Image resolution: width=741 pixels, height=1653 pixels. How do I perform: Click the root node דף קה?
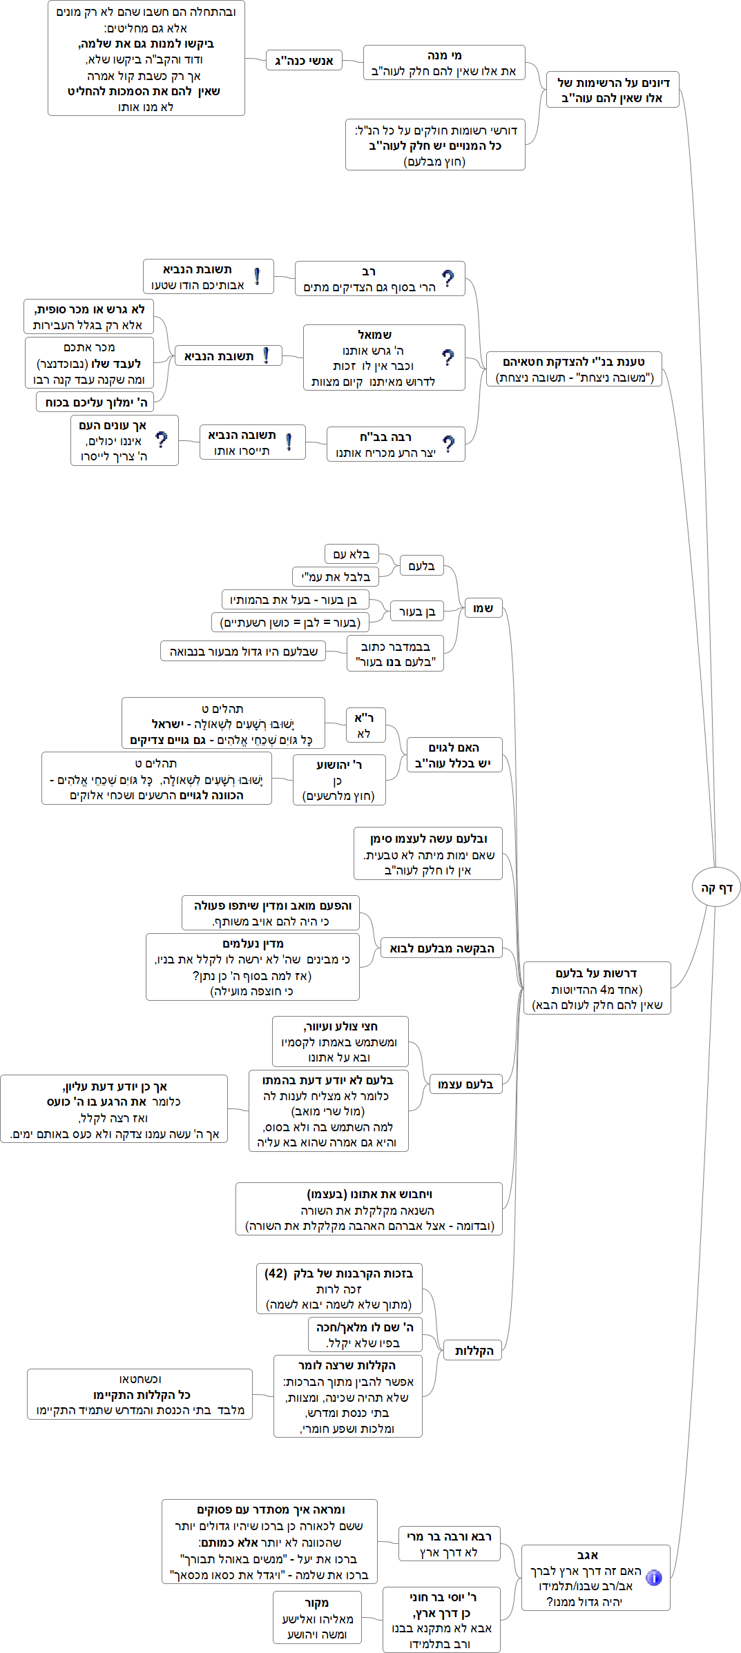[716, 888]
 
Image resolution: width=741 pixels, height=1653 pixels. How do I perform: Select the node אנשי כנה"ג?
[304, 61]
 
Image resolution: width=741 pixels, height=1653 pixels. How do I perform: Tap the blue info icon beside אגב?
[653, 1578]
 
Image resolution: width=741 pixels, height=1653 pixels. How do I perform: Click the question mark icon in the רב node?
[448, 278]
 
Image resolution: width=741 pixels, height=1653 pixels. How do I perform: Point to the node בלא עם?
[352, 554]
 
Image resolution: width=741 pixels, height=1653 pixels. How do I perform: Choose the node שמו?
[483, 608]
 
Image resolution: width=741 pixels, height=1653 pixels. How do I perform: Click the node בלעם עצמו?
[465, 1084]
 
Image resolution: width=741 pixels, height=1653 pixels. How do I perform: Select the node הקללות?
[474, 1351]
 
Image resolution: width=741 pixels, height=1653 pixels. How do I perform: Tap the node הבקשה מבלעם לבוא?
[441, 948]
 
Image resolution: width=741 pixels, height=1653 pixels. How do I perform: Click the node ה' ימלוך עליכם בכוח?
[95, 402]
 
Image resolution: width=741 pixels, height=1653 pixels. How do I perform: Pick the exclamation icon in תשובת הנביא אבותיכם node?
[257, 277]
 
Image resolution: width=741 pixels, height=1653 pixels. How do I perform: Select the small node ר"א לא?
[365, 725]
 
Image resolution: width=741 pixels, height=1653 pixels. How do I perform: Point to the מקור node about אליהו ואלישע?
[317, 1618]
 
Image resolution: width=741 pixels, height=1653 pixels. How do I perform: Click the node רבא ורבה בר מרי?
[449, 1544]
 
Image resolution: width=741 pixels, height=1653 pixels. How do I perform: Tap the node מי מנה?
[444, 63]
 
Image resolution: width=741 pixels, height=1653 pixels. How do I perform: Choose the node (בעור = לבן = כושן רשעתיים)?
[290, 623]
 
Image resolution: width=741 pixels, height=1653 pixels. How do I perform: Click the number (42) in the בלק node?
[276, 1273]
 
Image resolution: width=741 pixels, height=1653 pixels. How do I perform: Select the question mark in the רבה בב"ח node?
[449, 444]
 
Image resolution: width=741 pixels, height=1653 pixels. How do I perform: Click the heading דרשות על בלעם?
[597, 973]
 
